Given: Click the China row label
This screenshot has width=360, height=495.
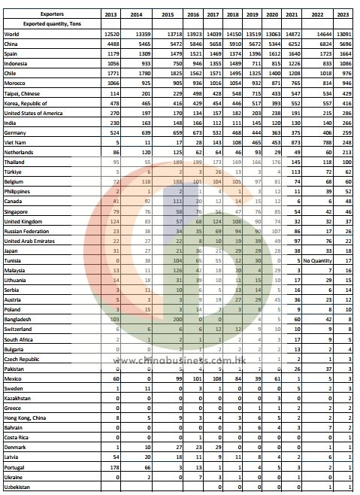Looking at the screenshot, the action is pyautogui.click(x=12, y=44).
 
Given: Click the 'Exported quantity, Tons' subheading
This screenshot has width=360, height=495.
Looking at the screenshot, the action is pyautogui.click(x=50, y=24).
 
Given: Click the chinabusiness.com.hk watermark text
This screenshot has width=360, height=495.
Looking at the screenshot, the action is pyautogui.click(x=180, y=359).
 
